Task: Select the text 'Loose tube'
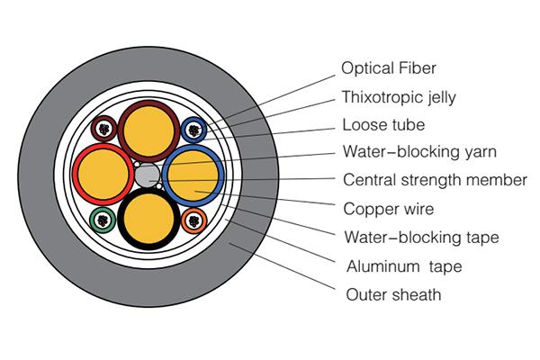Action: point(383,125)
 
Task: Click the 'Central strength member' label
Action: point(435,180)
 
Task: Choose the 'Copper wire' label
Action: point(389,209)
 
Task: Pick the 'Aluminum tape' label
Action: point(396,266)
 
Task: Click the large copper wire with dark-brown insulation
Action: point(148,127)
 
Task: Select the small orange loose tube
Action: point(193,218)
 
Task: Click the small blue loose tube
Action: point(193,130)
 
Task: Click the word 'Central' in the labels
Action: point(369,180)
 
